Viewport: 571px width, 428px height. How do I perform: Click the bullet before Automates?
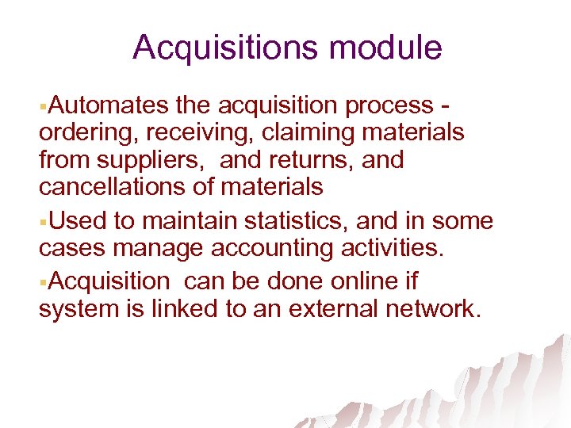coord(43,105)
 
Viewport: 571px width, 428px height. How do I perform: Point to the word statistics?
coord(282,221)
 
